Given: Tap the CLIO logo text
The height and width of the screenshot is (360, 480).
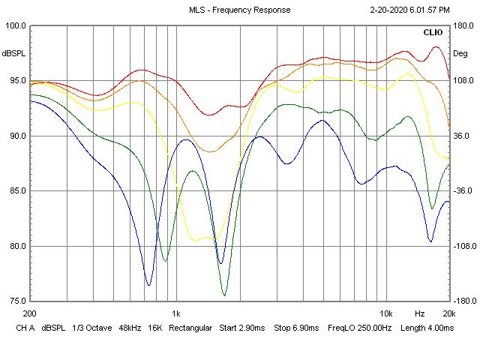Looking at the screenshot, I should (x=433, y=33).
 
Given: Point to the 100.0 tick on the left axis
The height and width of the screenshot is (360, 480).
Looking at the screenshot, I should (x=15, y=25).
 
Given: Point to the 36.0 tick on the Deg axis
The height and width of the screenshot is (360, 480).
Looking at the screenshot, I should (x=460, y=136).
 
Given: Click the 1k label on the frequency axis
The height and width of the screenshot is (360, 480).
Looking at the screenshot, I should (x=176, y=313).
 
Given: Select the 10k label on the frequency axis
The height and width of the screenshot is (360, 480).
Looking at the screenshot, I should (x=385, y=313).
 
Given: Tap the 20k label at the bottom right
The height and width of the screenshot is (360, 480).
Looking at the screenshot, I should (x=448, y=313).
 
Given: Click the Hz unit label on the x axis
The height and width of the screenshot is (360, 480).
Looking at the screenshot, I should (x=420, y=313).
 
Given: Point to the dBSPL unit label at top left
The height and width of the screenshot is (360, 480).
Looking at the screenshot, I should (x=14, y=53).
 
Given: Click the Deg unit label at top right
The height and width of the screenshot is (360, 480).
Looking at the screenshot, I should (x=460, y=53).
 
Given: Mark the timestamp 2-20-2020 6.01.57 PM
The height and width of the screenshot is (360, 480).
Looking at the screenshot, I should (x=409, y=10).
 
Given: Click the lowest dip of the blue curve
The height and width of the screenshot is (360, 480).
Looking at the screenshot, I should (x=148, y=285).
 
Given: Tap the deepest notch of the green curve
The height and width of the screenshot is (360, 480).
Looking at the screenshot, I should (x=224, y=295).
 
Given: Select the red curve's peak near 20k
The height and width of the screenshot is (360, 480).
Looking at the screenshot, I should (x=436, y=46).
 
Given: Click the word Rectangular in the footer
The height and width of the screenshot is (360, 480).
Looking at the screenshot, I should (x=192, y=328).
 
